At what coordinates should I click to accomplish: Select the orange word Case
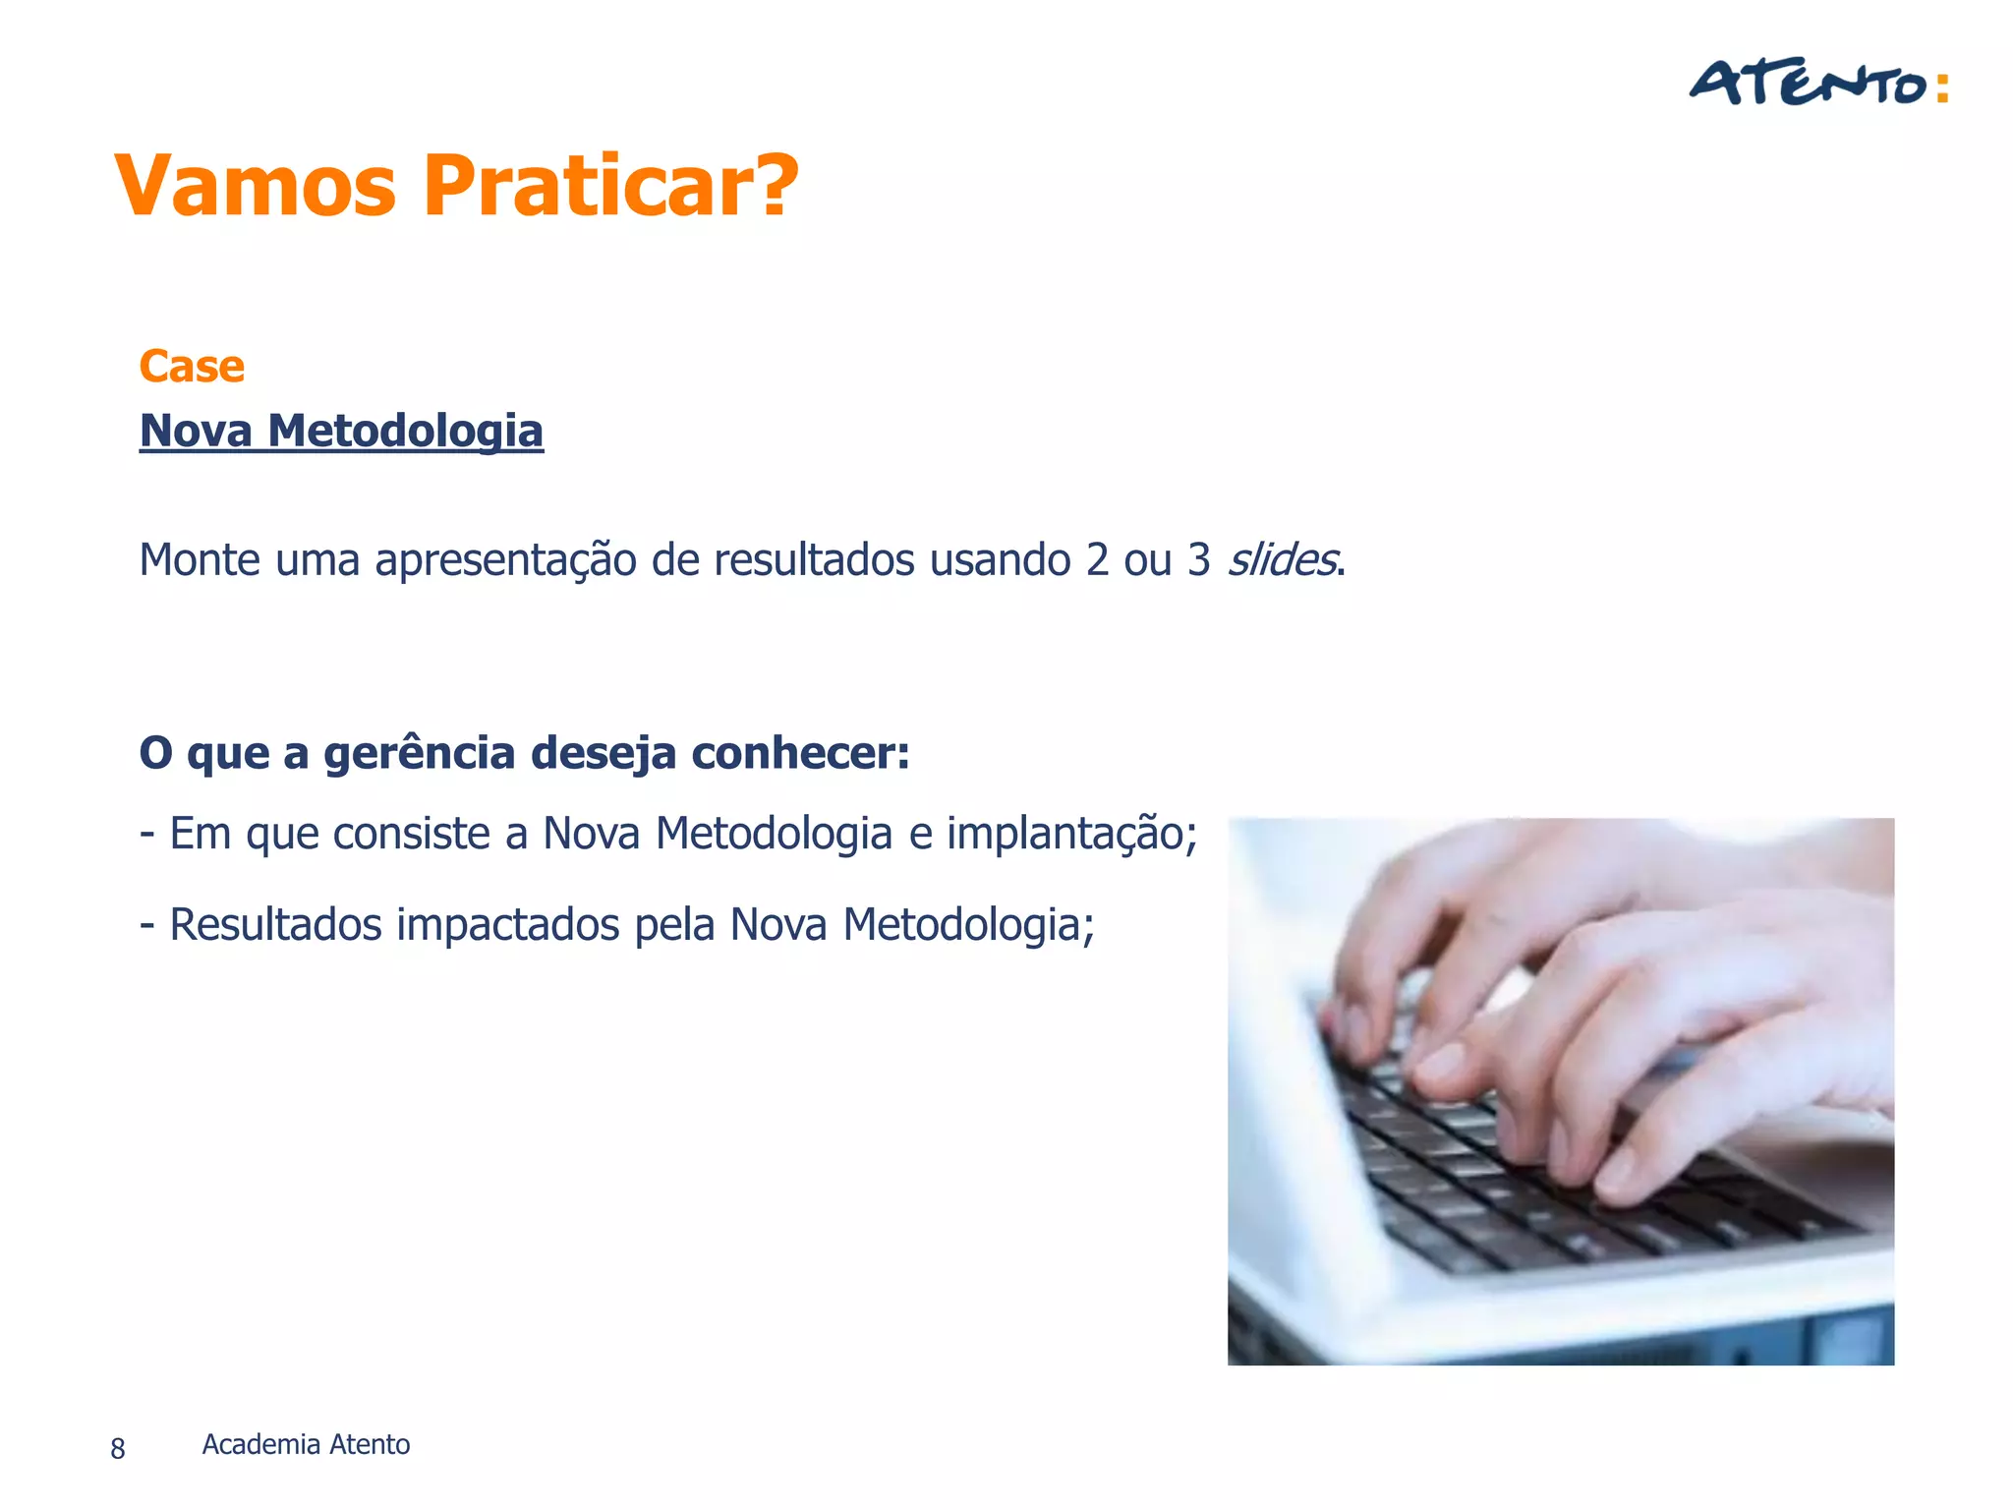pos(192,367)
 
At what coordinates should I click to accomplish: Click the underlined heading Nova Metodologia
pos(341,431)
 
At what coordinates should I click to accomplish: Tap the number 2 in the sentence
pos(1097,560)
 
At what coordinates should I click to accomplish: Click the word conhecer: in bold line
pos(800,754)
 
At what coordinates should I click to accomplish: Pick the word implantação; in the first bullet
pos(1071,835)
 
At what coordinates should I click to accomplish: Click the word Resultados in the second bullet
pos(275,925)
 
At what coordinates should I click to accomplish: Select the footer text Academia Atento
pos(306,1444)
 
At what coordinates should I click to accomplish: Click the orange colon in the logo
pos(1941,87)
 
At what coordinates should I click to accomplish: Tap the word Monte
pos(201,560)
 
